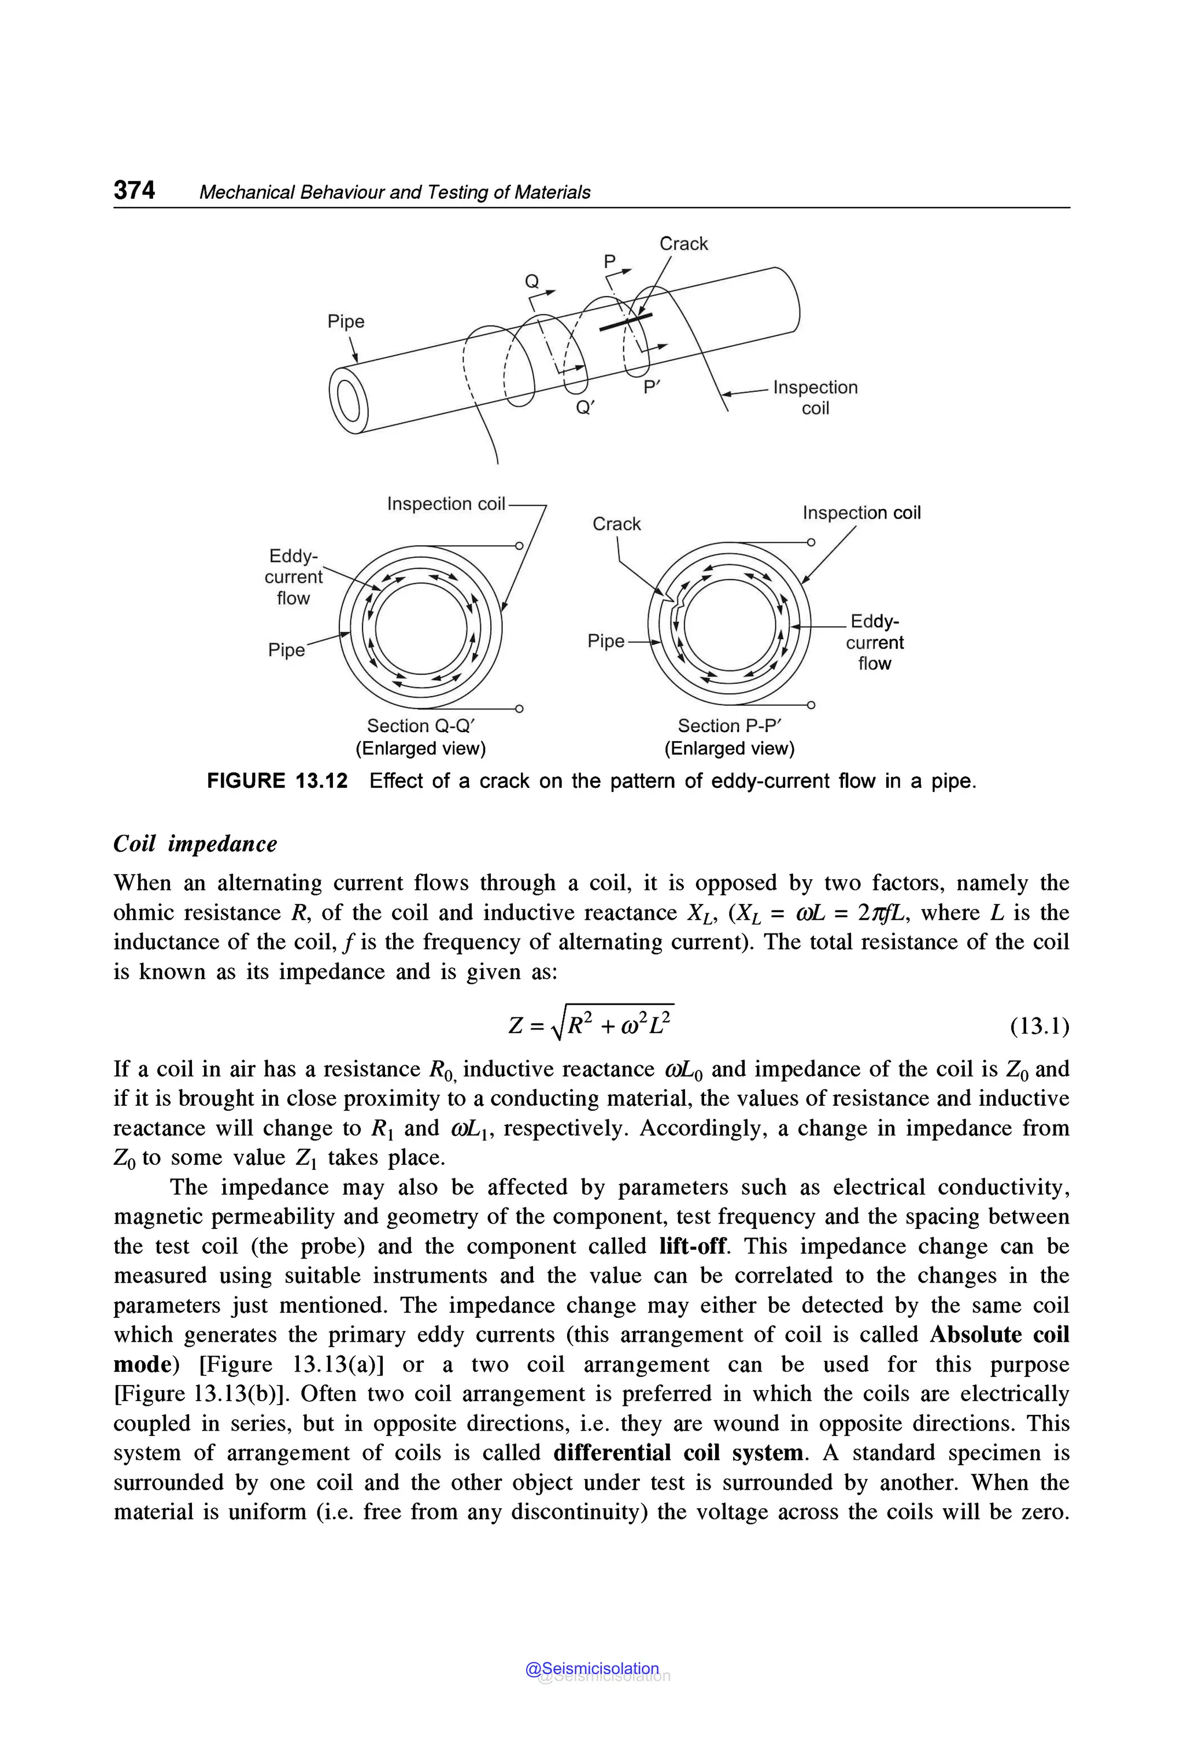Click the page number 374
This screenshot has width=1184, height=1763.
point(134,190)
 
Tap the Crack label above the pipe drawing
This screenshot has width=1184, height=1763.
point(683,244)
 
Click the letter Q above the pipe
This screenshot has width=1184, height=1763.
point(532,282)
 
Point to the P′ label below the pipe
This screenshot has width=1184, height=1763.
point(651,387)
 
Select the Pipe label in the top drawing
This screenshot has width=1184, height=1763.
point(346,321)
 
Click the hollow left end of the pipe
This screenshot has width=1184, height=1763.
point(348,400)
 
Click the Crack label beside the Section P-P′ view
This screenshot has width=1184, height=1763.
point(616,524)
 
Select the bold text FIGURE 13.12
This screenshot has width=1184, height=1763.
point(277,781)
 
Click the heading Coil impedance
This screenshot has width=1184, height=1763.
point(195,843)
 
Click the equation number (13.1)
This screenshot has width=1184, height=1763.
point(1039,1026)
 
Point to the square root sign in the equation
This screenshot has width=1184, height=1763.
point(558,1026)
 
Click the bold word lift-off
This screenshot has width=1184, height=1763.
point(693,1246)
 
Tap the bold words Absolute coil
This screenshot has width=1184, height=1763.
point(999,1334)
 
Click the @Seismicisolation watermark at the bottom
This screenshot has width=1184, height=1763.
point(592,1669)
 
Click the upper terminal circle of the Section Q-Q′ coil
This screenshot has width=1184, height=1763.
point(519,545)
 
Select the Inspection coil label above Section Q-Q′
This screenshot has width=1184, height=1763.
point(446,503)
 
